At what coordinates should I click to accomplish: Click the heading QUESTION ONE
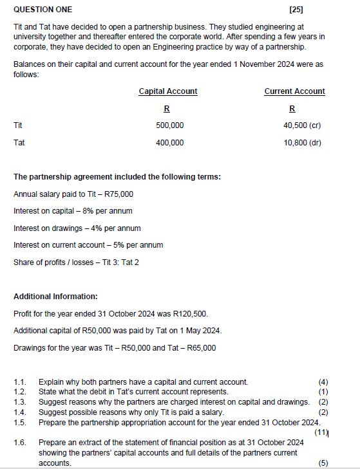coord(43,10)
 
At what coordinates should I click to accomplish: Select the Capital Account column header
coord(168,91)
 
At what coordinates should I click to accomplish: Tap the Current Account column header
coord(294,91)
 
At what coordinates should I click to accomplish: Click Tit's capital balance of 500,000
coord(170,125)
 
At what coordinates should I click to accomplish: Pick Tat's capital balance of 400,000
coord(170,143)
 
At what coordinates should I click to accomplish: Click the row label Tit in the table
coord(18,125)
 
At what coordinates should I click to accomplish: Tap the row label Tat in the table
coord(19,143)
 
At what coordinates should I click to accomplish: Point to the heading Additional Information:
coord(55,297)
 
